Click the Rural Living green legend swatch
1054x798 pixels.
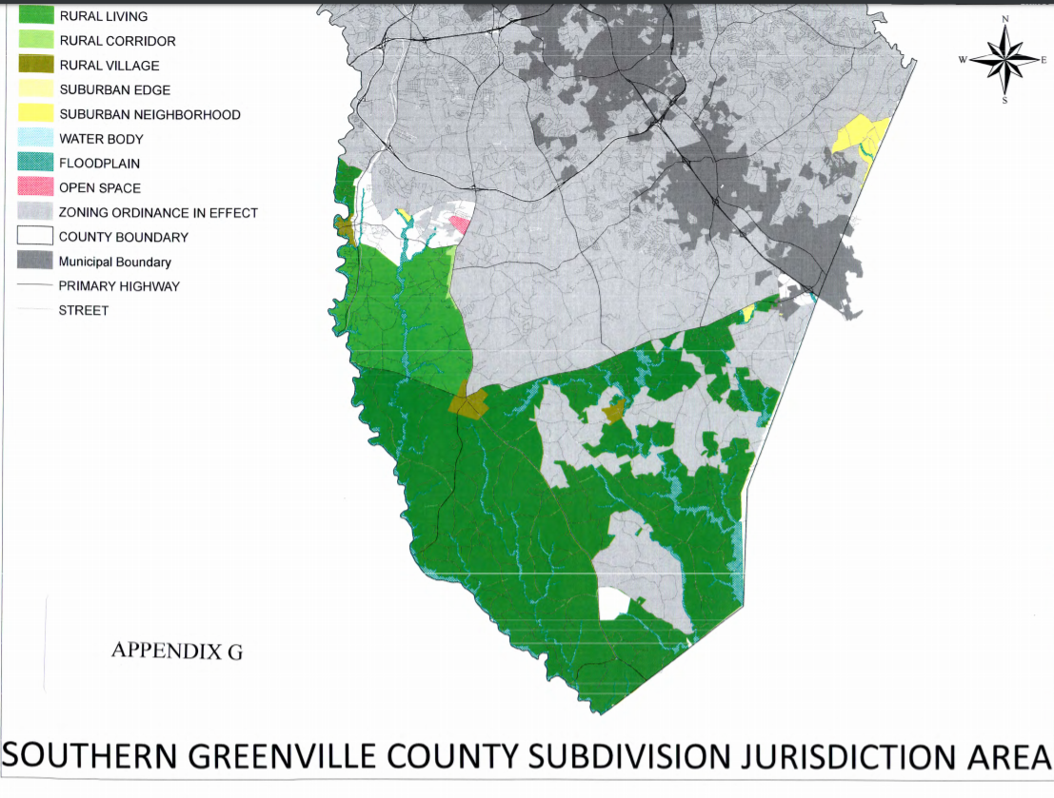click(35, 15)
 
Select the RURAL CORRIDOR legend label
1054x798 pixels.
click(117, 41)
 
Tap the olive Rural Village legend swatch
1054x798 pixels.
click(35, 65)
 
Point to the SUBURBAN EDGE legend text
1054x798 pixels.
click(114, 90)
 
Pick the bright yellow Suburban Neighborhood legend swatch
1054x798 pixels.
click(35, 114)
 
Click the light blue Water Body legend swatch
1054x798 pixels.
click(35, 139)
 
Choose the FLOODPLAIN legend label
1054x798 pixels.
click(101, 164)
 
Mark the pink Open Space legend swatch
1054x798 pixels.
click(35, 187)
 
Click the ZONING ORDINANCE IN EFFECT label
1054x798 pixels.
click(158, 213)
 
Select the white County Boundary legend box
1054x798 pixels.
click(35, 237)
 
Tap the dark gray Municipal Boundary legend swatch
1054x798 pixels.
click(35, 261)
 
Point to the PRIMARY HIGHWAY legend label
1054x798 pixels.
click(119, 285)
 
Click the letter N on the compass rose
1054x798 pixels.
click(1004, 20)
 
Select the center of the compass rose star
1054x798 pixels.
click(1004, 60)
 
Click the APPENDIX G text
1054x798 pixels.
click(177, 651)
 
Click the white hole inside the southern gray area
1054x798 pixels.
click(614, 602)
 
